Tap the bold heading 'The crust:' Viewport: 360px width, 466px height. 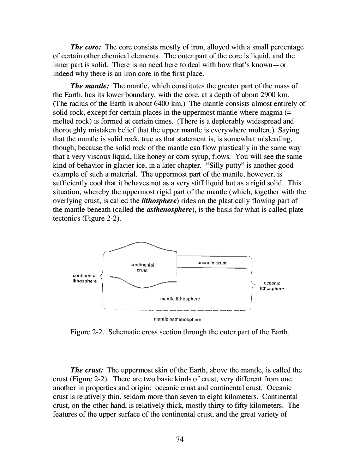[x=87, y=370]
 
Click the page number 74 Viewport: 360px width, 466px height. [x=180, y=439]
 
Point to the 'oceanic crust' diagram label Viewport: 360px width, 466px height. [x=212, y=263]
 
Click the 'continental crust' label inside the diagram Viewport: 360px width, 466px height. [x=142, y=268]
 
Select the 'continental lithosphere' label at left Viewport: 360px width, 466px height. [x=85, y=279]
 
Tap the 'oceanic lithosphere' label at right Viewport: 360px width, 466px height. [x=272, y=286]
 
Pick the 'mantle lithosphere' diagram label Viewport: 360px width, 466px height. [x=180, y=299]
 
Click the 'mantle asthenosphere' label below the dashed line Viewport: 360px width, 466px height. [x=178, y=319]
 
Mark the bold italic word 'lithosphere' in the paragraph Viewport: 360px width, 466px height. [x=158, y=201]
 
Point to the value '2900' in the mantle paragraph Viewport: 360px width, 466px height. [x=268, y=95]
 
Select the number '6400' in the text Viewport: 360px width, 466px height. [x=162, y=104]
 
